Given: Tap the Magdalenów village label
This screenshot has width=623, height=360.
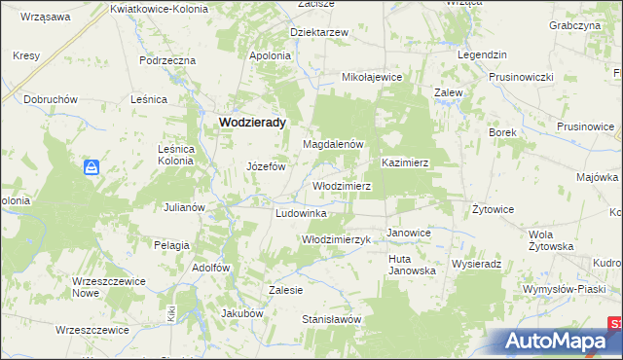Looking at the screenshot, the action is (333, 144).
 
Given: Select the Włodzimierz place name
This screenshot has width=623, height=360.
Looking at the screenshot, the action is (341, 185).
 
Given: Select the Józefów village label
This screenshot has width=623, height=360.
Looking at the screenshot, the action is (270, 164).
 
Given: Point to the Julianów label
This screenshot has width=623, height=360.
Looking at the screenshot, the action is (183, 207).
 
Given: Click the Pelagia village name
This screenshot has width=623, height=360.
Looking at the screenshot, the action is (171, 244).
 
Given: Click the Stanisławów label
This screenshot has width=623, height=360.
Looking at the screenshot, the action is (331, 319).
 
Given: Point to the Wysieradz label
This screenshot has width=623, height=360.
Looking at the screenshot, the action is (476, 264).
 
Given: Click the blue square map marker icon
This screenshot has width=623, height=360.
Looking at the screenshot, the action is (92, 168).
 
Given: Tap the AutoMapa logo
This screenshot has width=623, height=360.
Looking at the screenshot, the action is (556, 341).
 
